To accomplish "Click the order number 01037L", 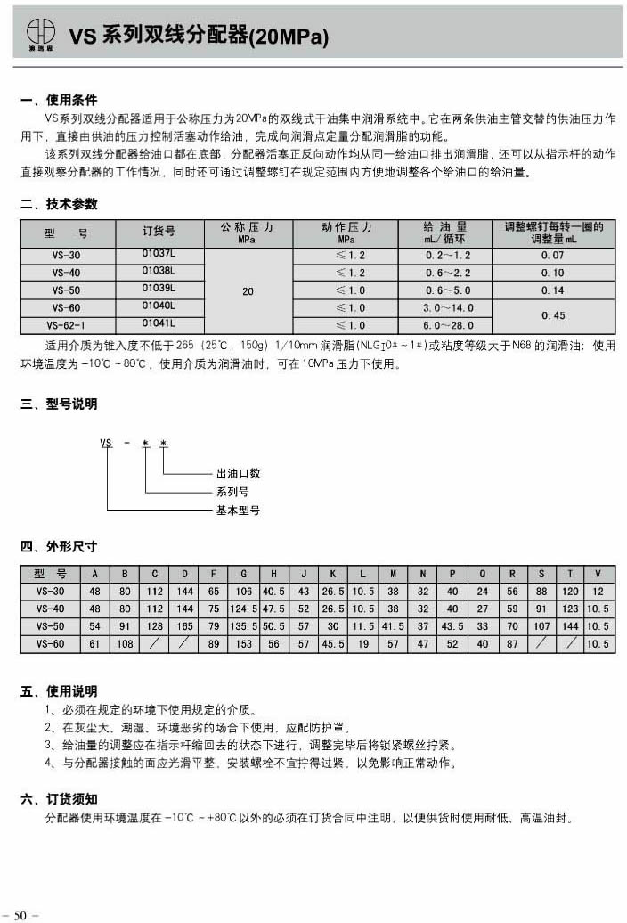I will pos(159,255).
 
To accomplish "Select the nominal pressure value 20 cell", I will pos(248,291).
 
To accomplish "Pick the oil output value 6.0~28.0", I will pos(448,326).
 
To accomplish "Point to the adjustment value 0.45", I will pos(552,316).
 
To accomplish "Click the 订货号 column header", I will pos(159,232).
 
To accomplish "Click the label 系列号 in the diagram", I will pos(232,492).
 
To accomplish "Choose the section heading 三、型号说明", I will pos(59,404).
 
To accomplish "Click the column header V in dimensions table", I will pos(598,574).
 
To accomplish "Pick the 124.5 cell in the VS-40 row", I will pos(243,609).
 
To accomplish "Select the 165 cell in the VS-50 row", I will pos(184,626).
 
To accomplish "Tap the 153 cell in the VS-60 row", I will pos(243,644).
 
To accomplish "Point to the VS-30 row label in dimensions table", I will pos(50,592).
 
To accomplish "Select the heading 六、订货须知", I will pos(59,799).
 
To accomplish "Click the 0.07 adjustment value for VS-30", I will pos(552,256).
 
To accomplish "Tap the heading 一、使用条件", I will pos(59,100).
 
